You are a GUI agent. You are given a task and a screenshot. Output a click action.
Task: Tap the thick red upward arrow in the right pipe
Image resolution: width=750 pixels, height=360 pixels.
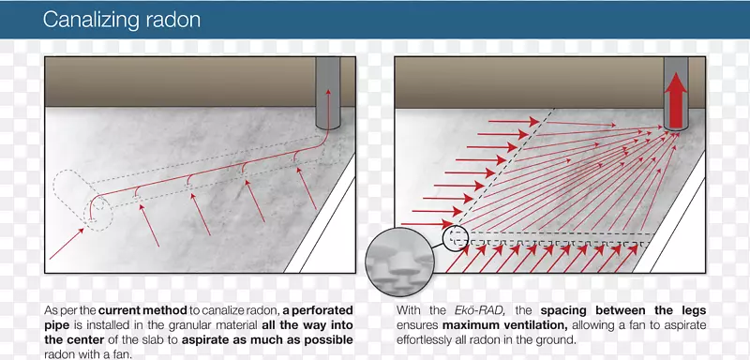point(675,100)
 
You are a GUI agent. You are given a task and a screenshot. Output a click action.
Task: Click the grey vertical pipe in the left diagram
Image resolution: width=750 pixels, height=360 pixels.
point(327,93)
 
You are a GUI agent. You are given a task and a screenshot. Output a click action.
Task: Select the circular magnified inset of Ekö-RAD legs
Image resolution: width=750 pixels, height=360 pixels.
point(400,262)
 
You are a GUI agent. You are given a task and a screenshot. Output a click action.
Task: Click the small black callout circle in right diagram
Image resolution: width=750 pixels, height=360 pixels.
point(456,238)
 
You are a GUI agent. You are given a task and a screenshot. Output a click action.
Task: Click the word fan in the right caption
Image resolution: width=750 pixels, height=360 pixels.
point(645,325)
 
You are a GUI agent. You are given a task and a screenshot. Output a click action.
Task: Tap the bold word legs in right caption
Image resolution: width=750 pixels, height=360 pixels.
point(693,310)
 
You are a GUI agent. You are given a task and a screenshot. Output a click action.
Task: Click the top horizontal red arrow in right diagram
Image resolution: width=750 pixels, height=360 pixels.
point(515,122)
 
